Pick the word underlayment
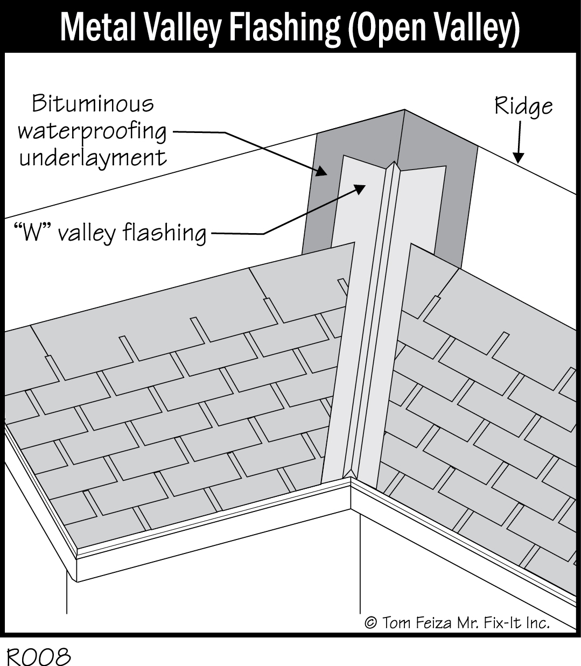tap(93, 158)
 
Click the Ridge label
tap(523, 106)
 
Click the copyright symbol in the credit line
tap(370, 623)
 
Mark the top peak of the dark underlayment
tap(404, 111)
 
